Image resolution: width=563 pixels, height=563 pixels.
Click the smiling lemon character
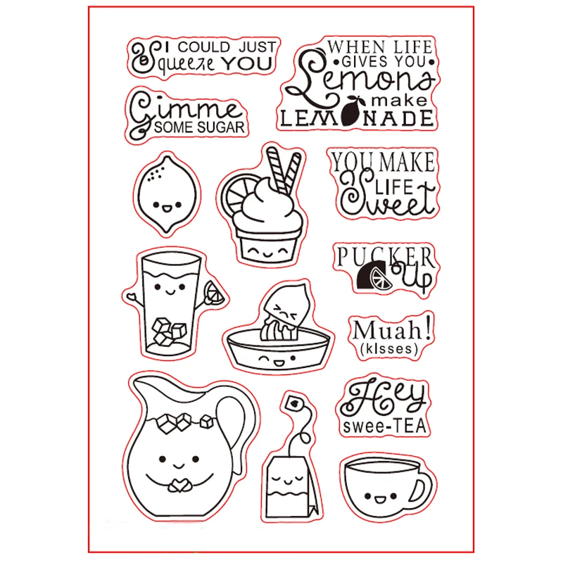[167, 194]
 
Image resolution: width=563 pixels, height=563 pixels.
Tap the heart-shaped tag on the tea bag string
[294, 403]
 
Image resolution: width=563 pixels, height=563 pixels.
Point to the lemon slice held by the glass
[214, 292]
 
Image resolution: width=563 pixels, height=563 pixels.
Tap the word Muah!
[392, 329]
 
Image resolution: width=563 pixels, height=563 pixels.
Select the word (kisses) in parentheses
[390, 349]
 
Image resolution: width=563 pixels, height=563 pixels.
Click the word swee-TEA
[384, 426]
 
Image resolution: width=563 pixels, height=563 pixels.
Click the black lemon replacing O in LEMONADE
[350, 111]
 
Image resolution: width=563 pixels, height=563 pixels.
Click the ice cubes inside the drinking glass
[168, 332]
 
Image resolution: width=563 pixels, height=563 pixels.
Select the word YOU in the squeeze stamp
[246, 63]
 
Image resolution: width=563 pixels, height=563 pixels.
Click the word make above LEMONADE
[399, 101]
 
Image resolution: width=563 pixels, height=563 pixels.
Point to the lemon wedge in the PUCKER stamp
[381, 278]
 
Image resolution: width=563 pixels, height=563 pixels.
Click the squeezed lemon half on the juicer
[286, 310]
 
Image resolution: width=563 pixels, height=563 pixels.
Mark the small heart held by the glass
[131, 297]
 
